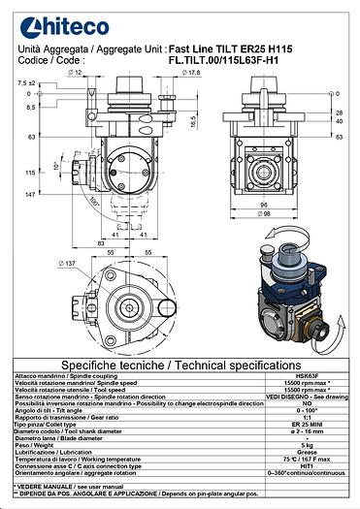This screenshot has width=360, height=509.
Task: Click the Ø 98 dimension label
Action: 265,213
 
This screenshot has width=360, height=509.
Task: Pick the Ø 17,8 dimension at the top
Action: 190,73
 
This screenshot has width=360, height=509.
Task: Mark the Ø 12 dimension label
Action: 79,73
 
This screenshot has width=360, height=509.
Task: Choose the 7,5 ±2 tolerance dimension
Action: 26,84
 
